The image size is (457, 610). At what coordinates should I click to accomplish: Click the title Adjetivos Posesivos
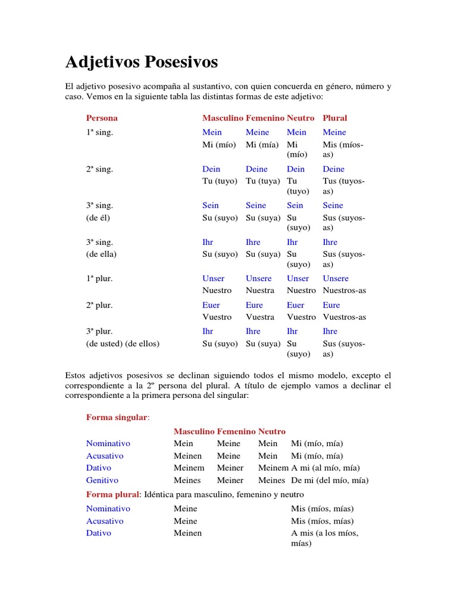point(141,62)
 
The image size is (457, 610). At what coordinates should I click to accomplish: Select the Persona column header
point(102,118)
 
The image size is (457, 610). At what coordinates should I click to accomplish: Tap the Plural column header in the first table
point(335,118)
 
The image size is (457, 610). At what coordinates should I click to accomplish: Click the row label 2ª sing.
point(99,169)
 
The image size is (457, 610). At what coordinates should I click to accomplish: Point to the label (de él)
point(98,217)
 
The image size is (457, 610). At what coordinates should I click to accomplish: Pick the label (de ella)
point(101,254)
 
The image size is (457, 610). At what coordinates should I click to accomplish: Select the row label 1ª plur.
point(99,279)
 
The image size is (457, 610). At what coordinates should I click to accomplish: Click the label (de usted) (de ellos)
point(123,344)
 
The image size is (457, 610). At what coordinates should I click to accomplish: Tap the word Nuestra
point(260,291)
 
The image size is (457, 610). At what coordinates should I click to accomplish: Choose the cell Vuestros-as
point(345,317)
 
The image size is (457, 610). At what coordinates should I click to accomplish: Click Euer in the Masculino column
point(211,305)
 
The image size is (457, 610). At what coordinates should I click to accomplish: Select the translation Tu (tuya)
point(263,181)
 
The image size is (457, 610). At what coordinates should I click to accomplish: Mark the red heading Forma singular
point(117,418)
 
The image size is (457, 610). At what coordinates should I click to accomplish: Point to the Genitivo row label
point(102,480)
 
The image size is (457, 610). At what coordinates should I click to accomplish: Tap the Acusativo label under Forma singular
point(105,456)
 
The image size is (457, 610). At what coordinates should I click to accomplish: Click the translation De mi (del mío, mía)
point(330,480)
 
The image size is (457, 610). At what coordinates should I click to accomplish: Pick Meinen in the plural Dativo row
point(187,533)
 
